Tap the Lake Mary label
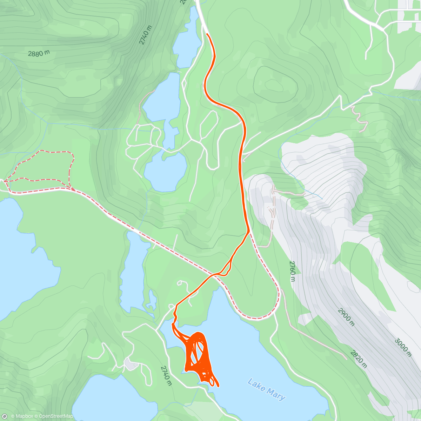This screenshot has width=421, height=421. pyautogui.click(x=266, y=389)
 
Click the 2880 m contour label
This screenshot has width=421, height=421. pyautogui.click(x=39, y=54)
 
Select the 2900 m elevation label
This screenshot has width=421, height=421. pyautogui.click(x=346, y=317)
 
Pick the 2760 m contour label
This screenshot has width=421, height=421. pyautogui.click(x=292, y=271)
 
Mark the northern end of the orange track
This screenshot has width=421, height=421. pyautogui.click(x=207, y=34)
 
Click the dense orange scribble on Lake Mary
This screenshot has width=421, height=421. pyautogui.click(x=198, y=354)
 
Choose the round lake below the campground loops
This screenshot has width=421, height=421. pyautogui.click(x=165, y=172)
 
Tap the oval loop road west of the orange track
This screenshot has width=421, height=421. pyautogui.click(x=208, y=125)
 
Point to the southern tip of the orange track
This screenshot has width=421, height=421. pyautogui.click(x=218, y=386)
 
